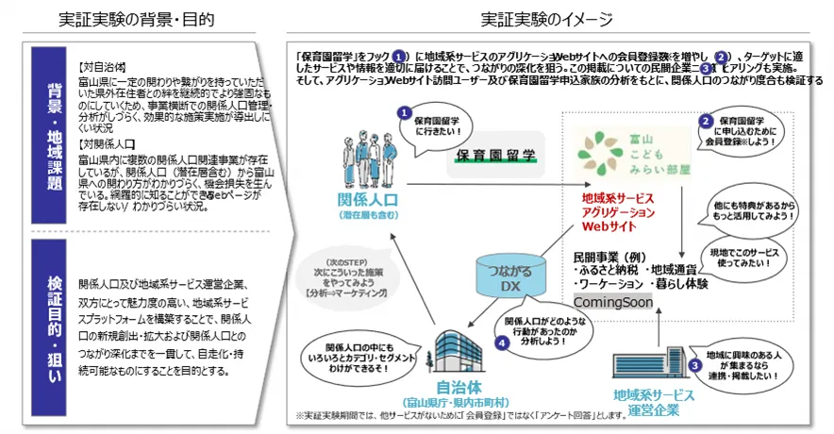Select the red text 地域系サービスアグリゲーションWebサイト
(619, 213)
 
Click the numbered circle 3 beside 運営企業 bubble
(695, 364)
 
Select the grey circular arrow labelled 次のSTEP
(345, 282)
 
